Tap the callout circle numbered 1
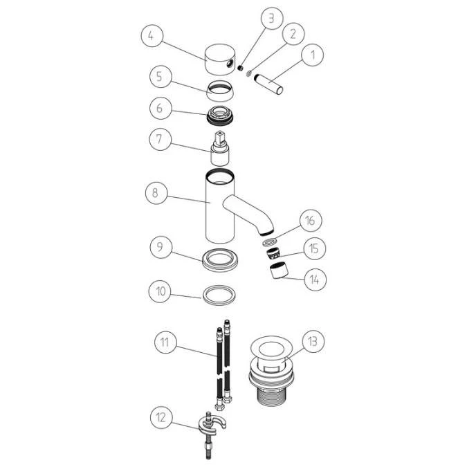coord(312,51)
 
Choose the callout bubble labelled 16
coord(310,221)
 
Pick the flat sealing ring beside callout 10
coord(221,293)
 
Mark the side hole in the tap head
coord(231,64)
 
